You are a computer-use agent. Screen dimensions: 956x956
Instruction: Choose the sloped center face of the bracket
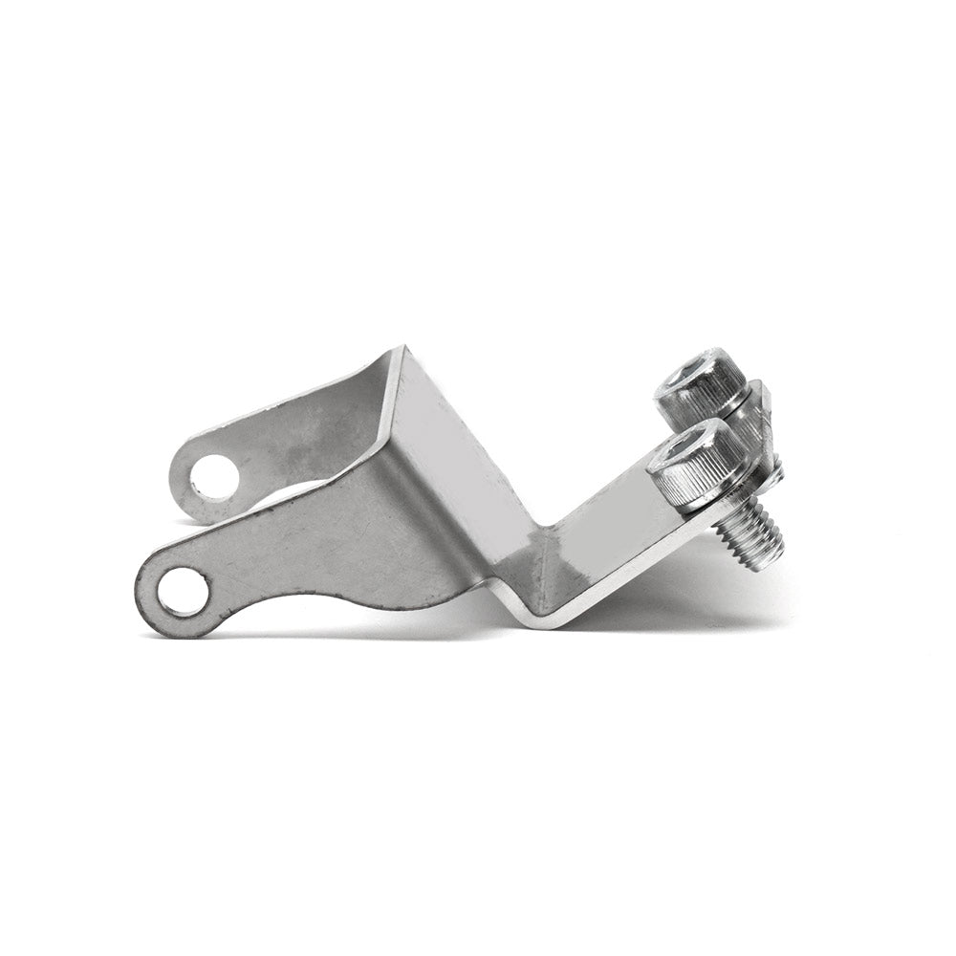pyautogui.click(x=459, y=459)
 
